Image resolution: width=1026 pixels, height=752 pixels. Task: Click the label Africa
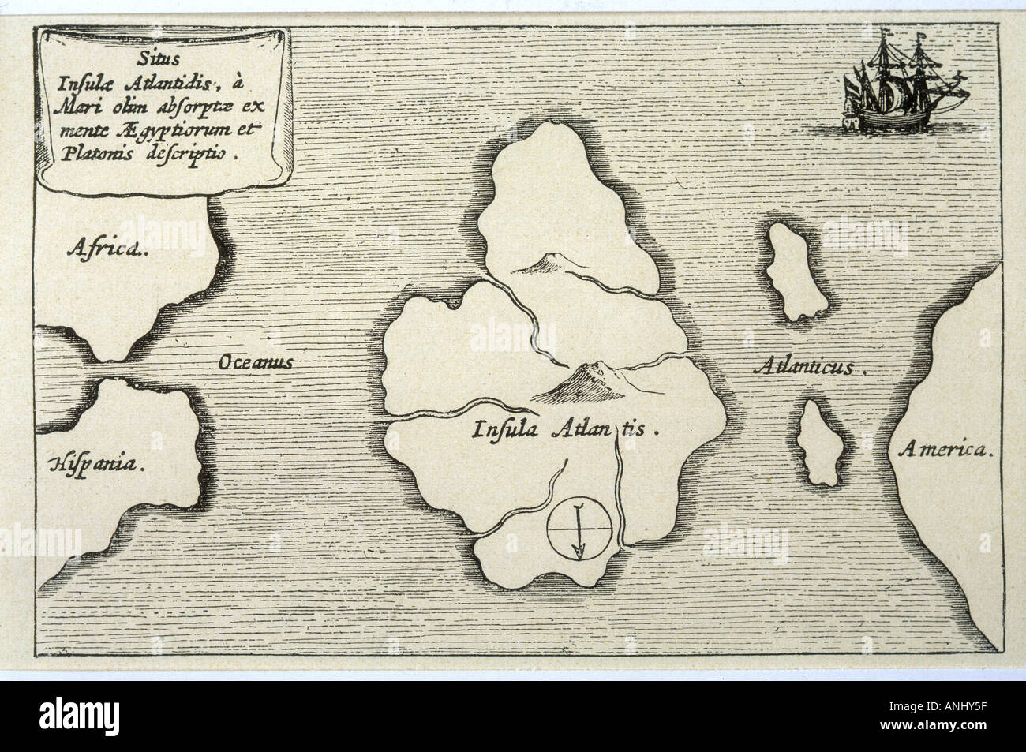107,251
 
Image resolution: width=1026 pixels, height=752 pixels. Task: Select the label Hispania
98,463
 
